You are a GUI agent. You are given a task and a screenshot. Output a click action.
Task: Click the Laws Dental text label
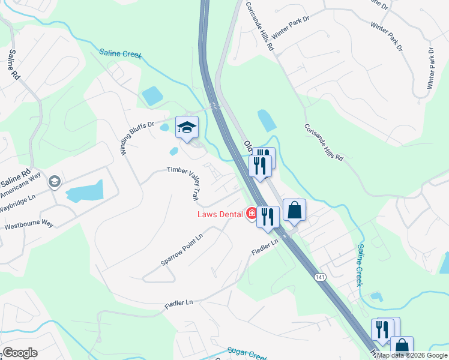[220, 214]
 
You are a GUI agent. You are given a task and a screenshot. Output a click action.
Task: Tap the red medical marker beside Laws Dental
[251, 213]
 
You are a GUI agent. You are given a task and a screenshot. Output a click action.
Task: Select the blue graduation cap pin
[187, 127]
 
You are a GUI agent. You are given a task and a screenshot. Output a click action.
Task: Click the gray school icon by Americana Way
[55, 182]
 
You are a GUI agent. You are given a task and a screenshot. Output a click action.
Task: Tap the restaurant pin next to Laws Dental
[268, 217]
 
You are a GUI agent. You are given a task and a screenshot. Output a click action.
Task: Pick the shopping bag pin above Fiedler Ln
[294, 211]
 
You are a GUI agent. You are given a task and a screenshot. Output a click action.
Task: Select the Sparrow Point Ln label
[181, 250]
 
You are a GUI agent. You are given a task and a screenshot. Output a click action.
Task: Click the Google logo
[20, 353]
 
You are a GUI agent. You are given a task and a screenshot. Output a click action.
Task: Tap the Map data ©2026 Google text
[412, 355]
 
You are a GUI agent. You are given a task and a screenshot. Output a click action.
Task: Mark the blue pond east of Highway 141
[266, 121]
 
